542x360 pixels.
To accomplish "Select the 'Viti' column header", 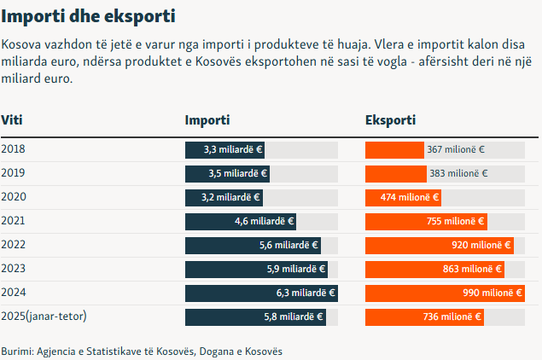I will click(x=11, y=120).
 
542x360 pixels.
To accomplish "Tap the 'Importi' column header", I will click(x=207, y=120).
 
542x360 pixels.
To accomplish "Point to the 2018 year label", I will click(x=14, y=149).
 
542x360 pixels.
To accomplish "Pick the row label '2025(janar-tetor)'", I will click(x=44, y=316).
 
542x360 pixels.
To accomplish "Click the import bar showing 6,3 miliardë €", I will click(x=261, y=293).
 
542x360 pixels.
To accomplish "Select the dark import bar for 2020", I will click(x=224, y=197).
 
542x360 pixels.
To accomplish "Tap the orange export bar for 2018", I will click(x=394, y=149).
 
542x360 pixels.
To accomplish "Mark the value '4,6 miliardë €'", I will click(x=265, y=221).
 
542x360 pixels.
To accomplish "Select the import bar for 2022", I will click(x=253, y=245).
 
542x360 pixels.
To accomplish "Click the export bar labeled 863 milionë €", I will click(x=434, y=269).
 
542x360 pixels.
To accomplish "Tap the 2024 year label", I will click(x=14, y=293).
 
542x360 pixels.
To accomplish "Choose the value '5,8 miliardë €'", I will click(x=294, y=316).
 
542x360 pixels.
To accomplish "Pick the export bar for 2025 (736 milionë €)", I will click(x=424, y=316).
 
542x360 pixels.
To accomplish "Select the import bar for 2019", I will click(x=227, y=173).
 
